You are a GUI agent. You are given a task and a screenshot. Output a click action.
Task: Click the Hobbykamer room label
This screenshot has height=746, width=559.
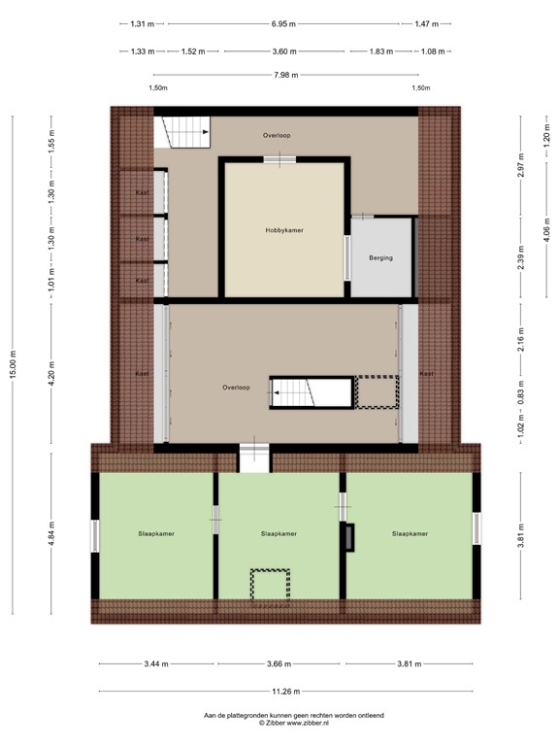click(284, 230)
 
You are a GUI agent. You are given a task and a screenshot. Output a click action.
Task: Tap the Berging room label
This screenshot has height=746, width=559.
click(381, 258)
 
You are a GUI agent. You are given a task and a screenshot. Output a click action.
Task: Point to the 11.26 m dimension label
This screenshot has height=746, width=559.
click(285, 691)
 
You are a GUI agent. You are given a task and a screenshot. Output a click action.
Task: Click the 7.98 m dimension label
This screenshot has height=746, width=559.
click(285, 74)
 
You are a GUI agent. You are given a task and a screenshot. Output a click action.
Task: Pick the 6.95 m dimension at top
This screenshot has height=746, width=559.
click(285, 23)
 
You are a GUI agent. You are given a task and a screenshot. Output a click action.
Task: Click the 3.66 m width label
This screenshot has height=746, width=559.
click(279, 664)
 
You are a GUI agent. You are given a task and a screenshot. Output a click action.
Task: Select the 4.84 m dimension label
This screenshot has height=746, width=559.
click(51, 535)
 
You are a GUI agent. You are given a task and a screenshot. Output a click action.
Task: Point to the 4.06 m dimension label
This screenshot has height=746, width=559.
click(545, 228)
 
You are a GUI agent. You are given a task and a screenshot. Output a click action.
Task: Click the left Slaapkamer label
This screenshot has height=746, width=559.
click(156, 533)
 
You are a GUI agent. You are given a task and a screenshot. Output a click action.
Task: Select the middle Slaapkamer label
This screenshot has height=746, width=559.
click(279, 533)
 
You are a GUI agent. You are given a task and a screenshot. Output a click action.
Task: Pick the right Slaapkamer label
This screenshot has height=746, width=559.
click(410, 533)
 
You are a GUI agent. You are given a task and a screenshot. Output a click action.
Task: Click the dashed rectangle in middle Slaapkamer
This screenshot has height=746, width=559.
click(271, 587)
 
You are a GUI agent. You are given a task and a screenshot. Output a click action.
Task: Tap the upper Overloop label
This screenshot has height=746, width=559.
click(277, 136)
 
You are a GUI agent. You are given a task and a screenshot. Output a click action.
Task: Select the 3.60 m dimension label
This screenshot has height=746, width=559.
click(283, 51)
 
